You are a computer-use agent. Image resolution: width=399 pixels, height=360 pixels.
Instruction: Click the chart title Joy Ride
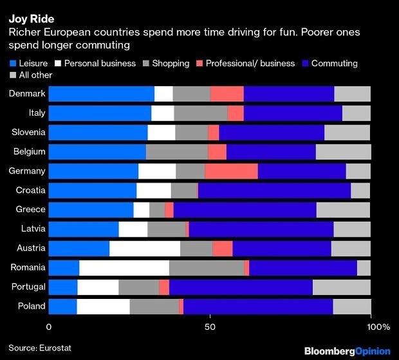32,19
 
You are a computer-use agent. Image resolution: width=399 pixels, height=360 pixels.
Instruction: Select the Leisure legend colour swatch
13,63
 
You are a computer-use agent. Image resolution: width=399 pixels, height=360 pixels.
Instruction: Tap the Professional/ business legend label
250,63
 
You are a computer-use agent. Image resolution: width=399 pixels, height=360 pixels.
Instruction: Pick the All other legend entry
31,75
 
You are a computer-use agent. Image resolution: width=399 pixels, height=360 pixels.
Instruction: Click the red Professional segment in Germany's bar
231,171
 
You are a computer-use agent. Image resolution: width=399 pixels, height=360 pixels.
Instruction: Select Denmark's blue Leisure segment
102,94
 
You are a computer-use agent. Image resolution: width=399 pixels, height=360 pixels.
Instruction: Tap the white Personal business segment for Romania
124,267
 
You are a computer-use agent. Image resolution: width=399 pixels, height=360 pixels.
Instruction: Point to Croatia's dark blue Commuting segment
275,190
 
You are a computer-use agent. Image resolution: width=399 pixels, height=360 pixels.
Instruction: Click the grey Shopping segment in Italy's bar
201,113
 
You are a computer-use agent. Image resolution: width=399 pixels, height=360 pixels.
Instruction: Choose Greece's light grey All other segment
343,210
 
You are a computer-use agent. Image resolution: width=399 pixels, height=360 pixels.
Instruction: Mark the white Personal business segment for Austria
145,248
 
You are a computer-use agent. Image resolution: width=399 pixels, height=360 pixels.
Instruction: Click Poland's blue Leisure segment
63,307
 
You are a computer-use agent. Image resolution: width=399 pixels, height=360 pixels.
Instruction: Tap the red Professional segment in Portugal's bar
164,287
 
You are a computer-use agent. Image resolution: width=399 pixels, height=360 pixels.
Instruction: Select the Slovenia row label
28,132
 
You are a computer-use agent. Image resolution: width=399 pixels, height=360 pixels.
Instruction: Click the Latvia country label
33,228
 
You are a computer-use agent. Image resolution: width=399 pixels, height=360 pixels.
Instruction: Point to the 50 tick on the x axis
210,327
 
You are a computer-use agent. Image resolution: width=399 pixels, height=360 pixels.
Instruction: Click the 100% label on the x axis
378,327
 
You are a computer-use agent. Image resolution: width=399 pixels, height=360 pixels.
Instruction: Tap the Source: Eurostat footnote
40,348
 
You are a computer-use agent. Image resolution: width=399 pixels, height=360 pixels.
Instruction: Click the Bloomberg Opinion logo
348,351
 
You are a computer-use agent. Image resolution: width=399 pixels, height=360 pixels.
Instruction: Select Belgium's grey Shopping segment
177,152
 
